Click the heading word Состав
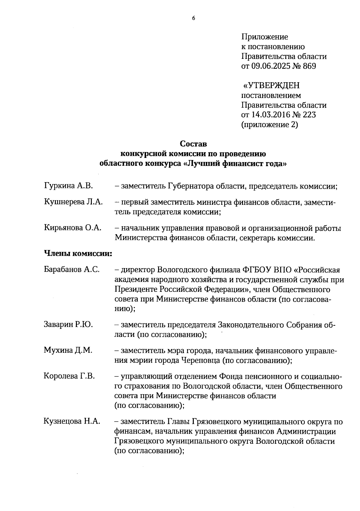click(x=193, y=144)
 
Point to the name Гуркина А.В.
click(x=68, y=186)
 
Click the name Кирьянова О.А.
click(x=72, y=228)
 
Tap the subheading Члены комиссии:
click(x=78, y=254)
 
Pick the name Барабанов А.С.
click(x=71, y=269)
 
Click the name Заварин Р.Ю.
click(x=68, y=325)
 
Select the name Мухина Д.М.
click(x=68, y=350)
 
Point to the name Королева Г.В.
click(x=69, y=376)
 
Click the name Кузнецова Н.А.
click(x=72, y=422)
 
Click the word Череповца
click(x=200, y=360)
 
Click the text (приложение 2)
click(x=270, y=125)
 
